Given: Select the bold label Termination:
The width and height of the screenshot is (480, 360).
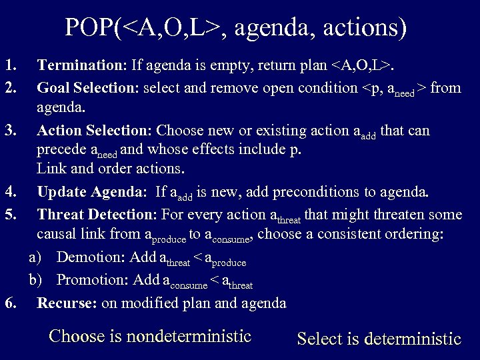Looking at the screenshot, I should coord(82,65).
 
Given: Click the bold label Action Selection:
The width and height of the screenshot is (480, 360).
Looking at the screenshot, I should coord(94,130).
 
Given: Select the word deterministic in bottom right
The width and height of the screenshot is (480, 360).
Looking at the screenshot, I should coord(413,339).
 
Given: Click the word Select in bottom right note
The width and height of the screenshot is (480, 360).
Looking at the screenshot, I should coord(319,339).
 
